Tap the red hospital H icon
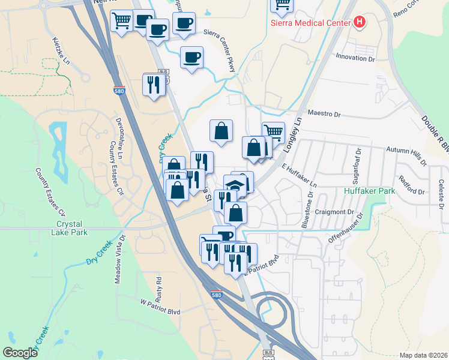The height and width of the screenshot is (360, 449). point(360,23)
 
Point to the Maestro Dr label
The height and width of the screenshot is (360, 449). point(324,113)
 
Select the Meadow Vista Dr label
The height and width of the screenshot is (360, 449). point(119,259)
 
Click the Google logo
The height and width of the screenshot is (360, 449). point(20,353)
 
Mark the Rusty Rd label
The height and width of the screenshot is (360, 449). point(159,289)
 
